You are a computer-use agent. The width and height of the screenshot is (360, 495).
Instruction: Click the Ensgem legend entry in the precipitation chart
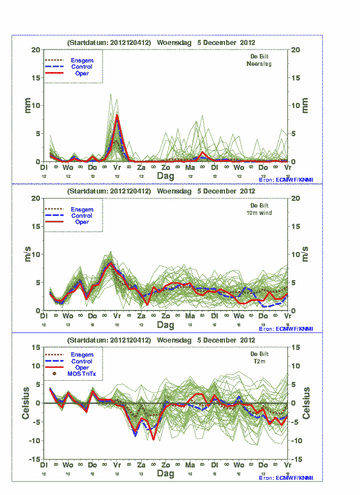click(82, 60)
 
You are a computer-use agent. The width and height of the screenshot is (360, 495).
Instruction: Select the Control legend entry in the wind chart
click(82, 215)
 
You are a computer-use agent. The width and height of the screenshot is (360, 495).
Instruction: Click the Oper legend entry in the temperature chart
click(82, 367)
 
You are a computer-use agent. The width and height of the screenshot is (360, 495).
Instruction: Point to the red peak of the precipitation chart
click(117, 115)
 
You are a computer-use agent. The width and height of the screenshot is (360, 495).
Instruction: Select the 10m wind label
click(259, 213)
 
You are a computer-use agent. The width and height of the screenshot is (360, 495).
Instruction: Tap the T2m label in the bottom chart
click(259, 362)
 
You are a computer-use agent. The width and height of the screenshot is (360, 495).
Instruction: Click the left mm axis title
click(27, 105)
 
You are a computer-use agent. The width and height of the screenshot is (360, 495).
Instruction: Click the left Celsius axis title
click(26, 403)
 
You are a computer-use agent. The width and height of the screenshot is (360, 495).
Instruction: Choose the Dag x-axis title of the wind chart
click(165, 325)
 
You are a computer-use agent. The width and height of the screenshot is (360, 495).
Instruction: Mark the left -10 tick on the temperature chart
click(34, 440)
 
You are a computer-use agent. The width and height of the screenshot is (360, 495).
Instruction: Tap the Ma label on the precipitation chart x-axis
click(190, 168)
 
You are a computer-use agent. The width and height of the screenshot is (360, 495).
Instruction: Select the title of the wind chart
click(161, 191)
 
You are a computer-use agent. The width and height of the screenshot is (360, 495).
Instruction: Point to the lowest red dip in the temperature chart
click(153, 439)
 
